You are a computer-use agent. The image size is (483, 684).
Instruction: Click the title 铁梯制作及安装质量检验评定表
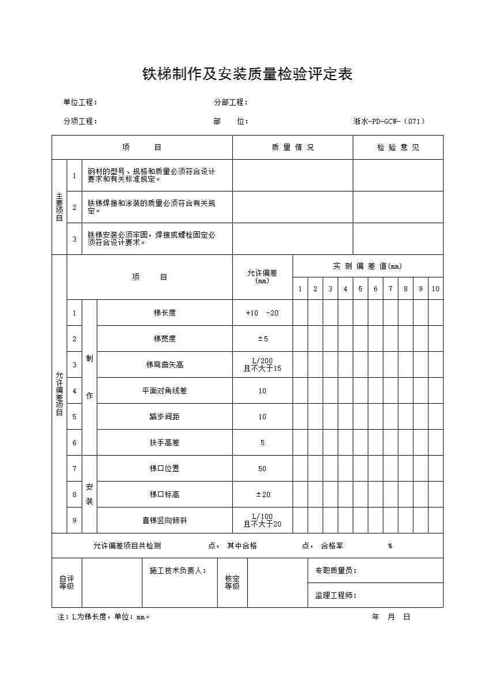[247, 74]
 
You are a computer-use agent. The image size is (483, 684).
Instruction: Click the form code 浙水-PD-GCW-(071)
[390, 121]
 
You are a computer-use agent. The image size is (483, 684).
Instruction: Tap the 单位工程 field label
[80, 103]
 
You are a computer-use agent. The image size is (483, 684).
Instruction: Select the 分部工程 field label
[231, 103]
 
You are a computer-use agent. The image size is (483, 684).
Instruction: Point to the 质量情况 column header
[293, 148]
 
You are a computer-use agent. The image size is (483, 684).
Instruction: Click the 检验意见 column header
[398, 148]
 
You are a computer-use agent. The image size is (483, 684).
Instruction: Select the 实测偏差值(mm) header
[368, 266]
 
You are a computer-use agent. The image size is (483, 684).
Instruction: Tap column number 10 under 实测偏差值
[436, 289]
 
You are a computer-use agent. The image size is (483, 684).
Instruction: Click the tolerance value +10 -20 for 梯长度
[262, 313]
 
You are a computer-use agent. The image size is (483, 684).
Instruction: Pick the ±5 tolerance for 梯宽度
[262, 339]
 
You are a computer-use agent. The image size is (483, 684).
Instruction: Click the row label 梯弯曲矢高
[165, 365]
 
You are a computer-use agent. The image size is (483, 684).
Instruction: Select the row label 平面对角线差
[165, 391]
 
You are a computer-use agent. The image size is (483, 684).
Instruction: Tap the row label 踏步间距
[165, 417]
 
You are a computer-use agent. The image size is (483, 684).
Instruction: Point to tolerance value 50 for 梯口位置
[262, 469]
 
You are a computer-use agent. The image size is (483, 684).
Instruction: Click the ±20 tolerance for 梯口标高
[262, 495]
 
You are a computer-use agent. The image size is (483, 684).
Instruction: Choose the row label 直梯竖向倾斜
[165, 521]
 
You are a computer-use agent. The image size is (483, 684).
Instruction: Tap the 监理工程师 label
[336, 596]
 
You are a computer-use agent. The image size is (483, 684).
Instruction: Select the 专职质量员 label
[336, 571]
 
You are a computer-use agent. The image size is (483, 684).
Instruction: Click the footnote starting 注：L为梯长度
[104, 617]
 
